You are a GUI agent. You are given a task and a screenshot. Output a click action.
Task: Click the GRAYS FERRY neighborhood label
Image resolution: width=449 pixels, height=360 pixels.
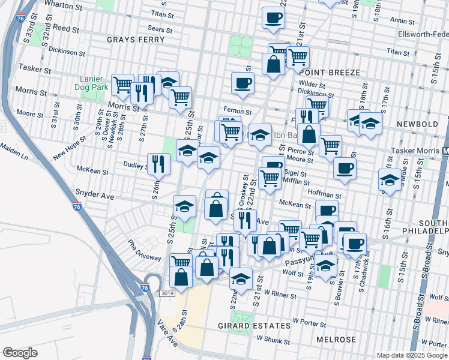[136, 40]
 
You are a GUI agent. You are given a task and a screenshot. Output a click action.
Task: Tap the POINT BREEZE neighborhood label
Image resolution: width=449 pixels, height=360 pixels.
[328, 73]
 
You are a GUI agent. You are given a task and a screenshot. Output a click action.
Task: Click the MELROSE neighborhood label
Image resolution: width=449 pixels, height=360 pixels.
[336, 340]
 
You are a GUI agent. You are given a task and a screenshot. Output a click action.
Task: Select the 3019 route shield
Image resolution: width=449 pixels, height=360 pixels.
[168, 293]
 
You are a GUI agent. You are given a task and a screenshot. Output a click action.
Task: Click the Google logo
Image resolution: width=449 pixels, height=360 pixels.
[20, 352]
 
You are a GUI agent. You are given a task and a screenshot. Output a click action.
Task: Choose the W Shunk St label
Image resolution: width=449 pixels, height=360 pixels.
[273, 340]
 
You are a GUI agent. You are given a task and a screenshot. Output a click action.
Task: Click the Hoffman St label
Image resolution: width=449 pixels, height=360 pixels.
[324, 195]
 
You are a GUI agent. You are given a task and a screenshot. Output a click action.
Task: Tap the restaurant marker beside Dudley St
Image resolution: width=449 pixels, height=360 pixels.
[157, 163]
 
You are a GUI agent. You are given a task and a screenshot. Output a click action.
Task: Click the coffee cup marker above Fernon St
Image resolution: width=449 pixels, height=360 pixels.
[243, 83]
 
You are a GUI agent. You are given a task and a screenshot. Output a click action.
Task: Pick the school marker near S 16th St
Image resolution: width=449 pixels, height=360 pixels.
[390, 179]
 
